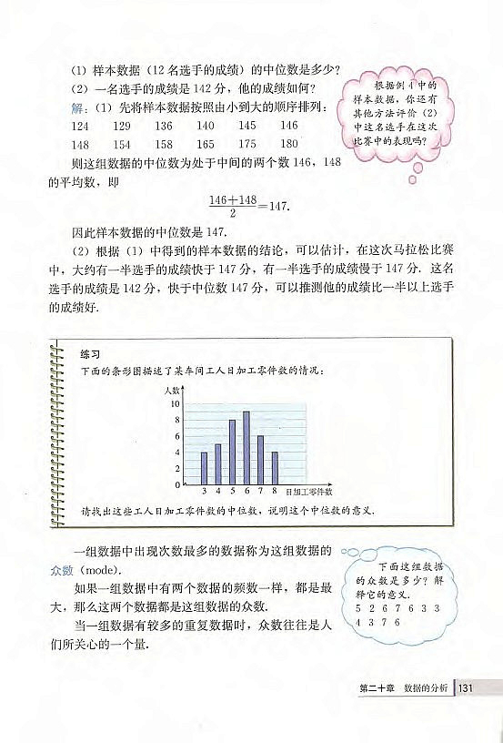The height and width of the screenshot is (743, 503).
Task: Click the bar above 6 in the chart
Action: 246,449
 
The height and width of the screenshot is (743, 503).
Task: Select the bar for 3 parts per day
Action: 204,468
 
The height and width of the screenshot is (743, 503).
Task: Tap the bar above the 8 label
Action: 275,468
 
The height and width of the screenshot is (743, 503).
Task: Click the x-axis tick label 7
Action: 260,491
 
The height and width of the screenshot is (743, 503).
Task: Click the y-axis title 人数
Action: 173,389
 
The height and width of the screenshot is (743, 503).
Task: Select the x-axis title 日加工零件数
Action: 308,492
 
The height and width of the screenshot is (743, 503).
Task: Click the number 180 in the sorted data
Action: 288,144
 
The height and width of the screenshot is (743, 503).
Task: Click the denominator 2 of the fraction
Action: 222,212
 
